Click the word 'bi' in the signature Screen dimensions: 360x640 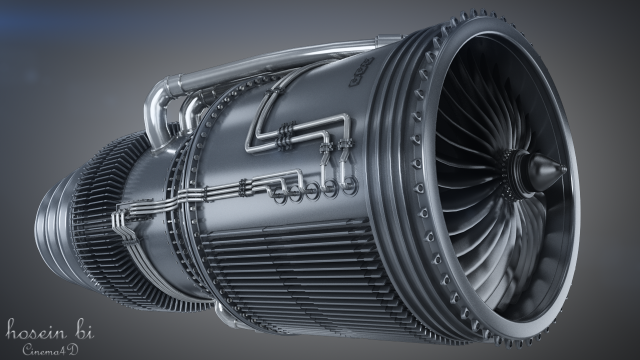[92, 329]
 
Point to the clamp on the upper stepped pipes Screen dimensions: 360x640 [288, 130]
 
